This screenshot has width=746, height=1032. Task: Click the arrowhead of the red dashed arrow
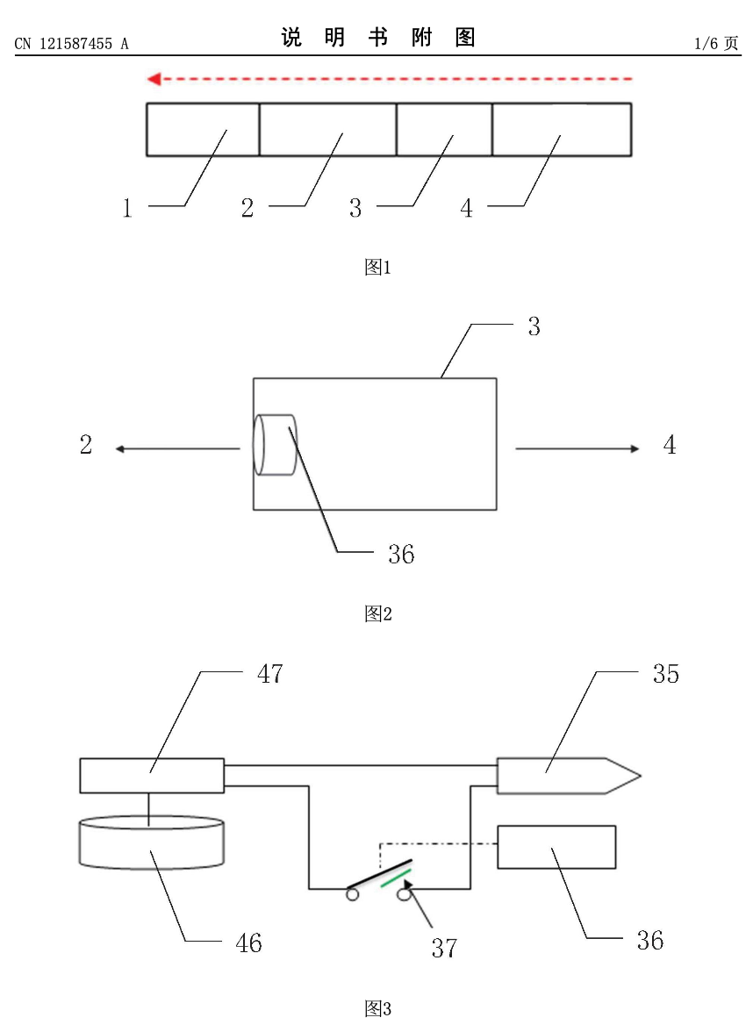coord(153,80)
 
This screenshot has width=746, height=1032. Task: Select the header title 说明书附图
coord(378,38)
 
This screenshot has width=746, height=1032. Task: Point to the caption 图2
coord(377,614)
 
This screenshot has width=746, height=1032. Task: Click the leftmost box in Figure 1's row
coord(203,130)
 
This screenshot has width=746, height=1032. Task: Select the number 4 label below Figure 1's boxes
coord(467,209)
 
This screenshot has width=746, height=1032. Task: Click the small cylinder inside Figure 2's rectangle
coord(275,445)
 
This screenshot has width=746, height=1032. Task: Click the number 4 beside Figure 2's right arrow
coord(670,446)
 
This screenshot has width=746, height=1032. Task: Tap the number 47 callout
coord(270,674)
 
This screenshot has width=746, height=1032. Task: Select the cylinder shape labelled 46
coord(150,842)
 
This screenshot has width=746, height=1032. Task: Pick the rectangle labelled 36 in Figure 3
coord(556,847)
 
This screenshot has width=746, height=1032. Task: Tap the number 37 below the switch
coord(443,949)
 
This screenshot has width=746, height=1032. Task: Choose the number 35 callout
coord(666,674)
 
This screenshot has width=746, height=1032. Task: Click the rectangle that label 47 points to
coord(151,775)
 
